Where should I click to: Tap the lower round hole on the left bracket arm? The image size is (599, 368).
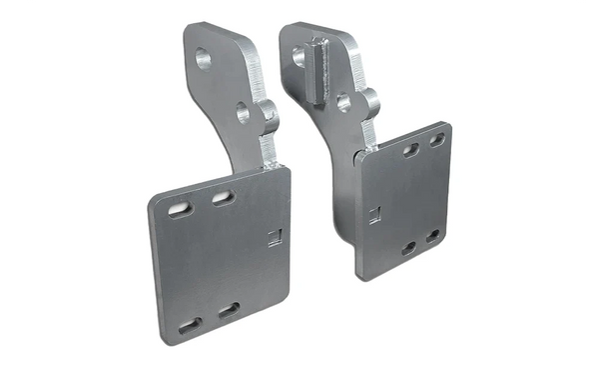coord(243,112)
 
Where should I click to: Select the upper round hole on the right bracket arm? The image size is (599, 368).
coord(299,58)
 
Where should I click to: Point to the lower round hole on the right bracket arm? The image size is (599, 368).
coord(344,102)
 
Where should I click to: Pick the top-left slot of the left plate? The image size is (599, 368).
coord(181,208)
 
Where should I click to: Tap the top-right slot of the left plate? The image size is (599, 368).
coord(223,198)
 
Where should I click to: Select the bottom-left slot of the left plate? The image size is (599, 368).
coord(190,325)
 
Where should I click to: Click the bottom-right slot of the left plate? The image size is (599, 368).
coord(229,311)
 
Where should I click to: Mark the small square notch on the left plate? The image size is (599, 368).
coord(277,237)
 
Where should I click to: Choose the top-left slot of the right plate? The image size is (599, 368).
coord(410,150)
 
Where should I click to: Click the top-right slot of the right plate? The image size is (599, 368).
coord(436,140)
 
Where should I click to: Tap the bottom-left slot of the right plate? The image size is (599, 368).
coord(409,247)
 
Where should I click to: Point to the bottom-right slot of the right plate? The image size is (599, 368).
coord(432,237)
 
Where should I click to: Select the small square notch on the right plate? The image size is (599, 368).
coord(373,212)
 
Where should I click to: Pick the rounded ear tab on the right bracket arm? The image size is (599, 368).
coord(367,103)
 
